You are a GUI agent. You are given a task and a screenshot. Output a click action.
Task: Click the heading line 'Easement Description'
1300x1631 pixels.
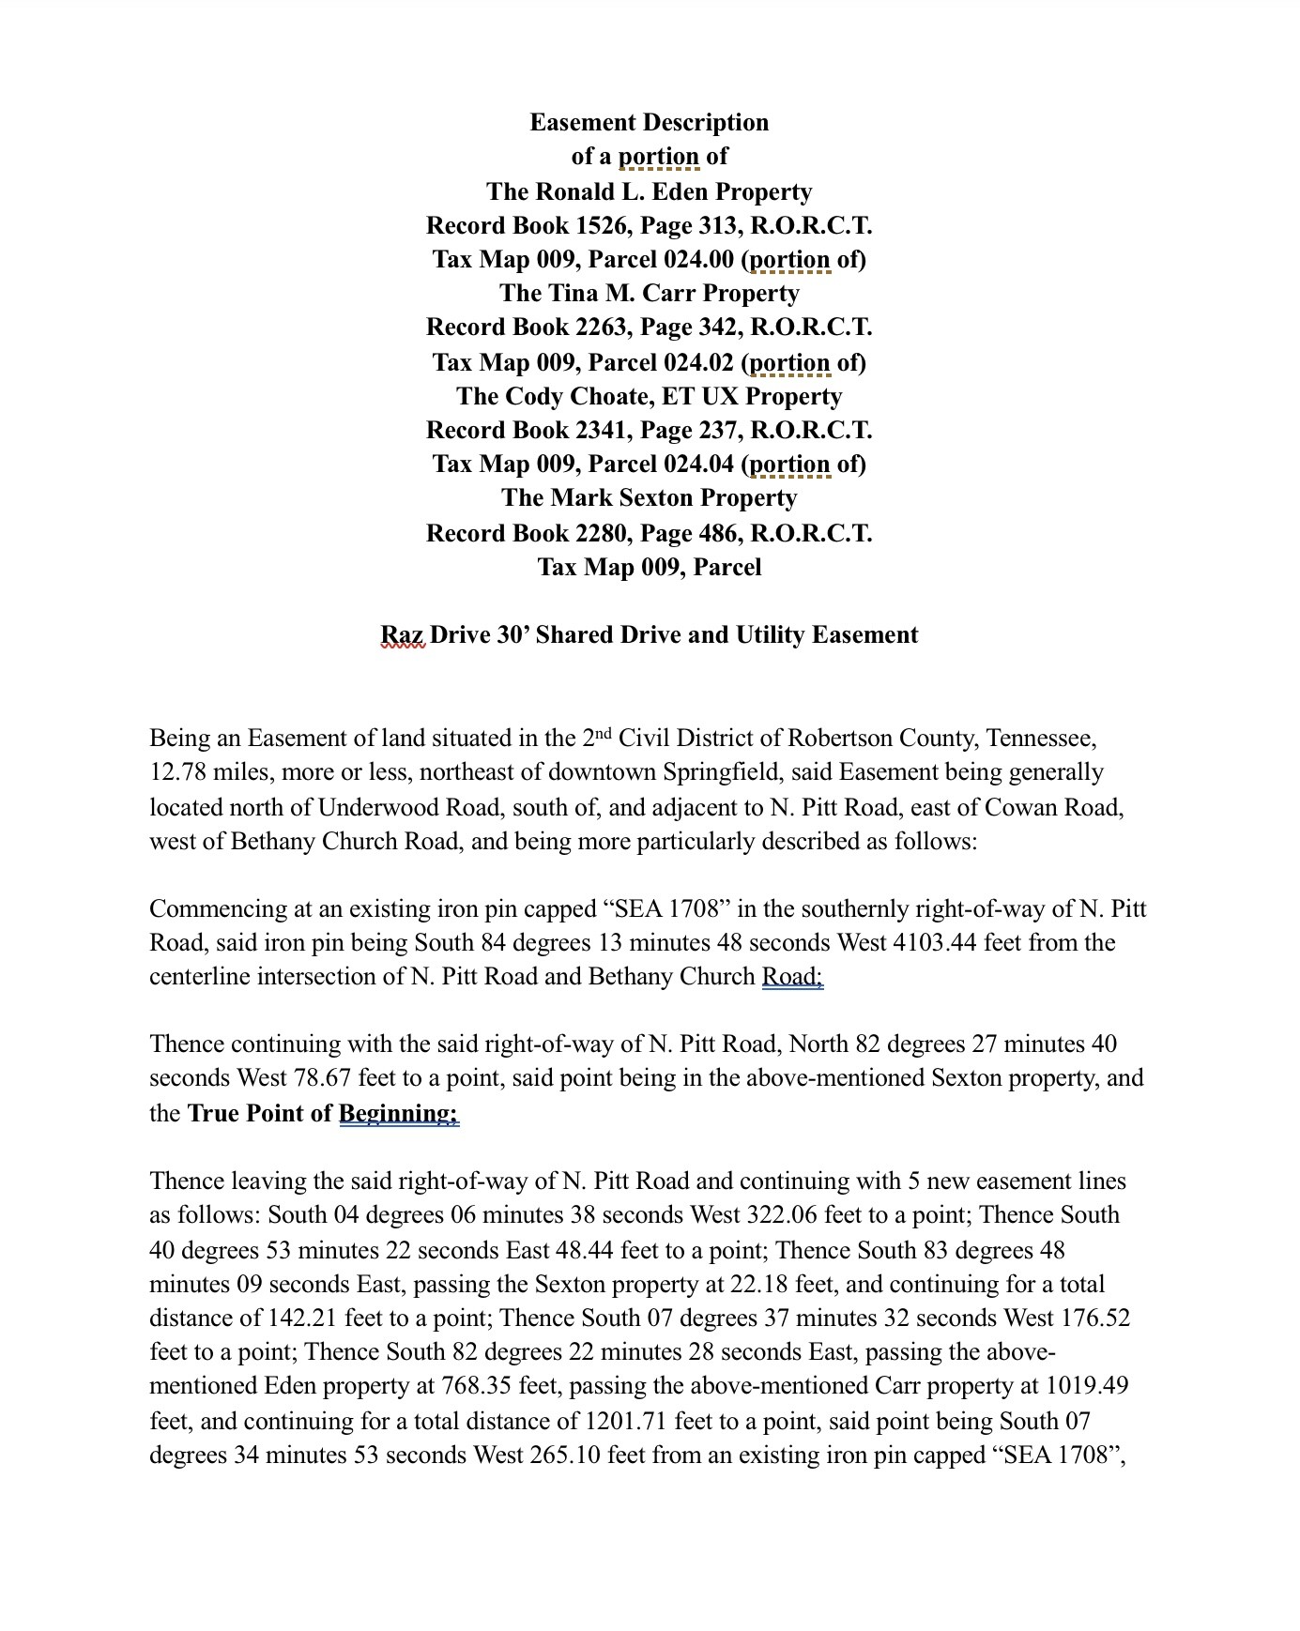point(649,122)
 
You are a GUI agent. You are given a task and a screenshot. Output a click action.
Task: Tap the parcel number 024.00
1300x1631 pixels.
point(698,259)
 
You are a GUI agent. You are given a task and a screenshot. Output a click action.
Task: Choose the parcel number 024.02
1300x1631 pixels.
point(698,362)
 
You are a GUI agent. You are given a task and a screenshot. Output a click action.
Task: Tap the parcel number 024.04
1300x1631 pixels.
point(698,464)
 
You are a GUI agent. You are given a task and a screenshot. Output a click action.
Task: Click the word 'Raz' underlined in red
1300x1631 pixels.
point(402,635)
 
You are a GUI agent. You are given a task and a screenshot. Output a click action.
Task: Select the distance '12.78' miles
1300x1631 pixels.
point(177,772)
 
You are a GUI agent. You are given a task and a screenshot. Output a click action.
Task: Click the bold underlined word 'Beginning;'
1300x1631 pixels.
point(398,1113)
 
